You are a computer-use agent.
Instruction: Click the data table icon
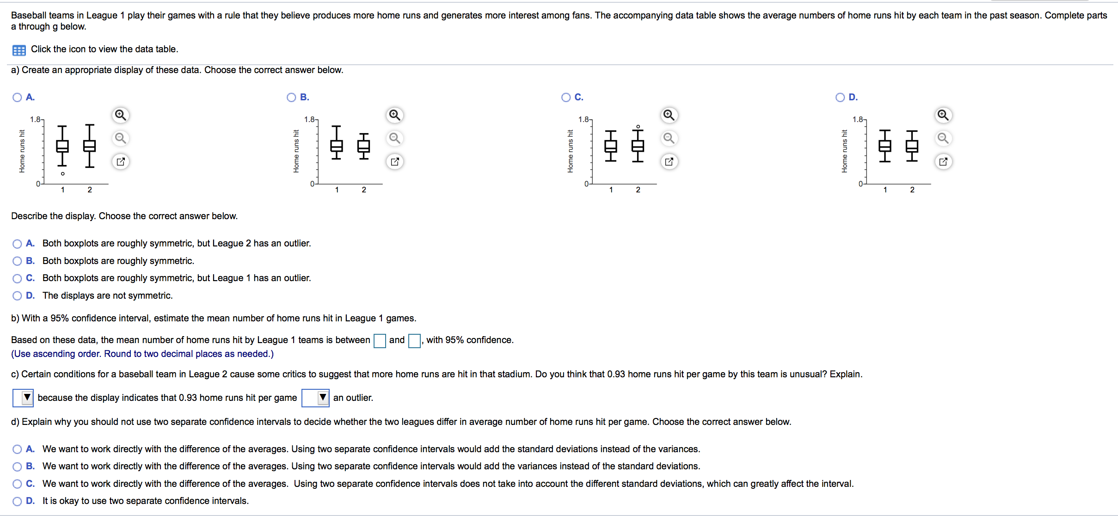pos(19,50)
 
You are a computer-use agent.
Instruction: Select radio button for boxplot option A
pos(17,98)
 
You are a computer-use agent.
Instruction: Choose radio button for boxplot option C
pos(566,98)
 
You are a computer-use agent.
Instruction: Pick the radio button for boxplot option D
pos(840,98)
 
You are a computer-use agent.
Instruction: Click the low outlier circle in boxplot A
pos(63,174)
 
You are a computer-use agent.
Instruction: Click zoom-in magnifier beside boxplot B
pos(394,115)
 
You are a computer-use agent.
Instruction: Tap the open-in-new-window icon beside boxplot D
pos(943,162)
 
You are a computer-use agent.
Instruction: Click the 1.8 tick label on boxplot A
pos(35,120)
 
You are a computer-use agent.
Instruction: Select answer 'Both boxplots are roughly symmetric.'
pos(17,261)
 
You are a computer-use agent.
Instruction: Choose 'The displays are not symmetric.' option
pos(17,296)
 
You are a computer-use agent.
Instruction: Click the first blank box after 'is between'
pos(380,341)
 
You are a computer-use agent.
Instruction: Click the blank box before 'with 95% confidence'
pos(414,341)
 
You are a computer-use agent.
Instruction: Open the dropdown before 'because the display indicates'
pos(23,398)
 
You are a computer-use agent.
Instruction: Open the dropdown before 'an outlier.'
pos(315,398)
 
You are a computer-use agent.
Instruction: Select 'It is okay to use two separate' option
pos(17,501)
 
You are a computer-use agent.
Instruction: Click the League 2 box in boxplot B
pos(364,146)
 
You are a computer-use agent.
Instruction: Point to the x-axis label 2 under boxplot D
pos(912,190)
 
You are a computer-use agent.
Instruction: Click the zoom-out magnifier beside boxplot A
pos(120,138)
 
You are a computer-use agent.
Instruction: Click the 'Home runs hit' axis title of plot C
pos(570,151)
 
